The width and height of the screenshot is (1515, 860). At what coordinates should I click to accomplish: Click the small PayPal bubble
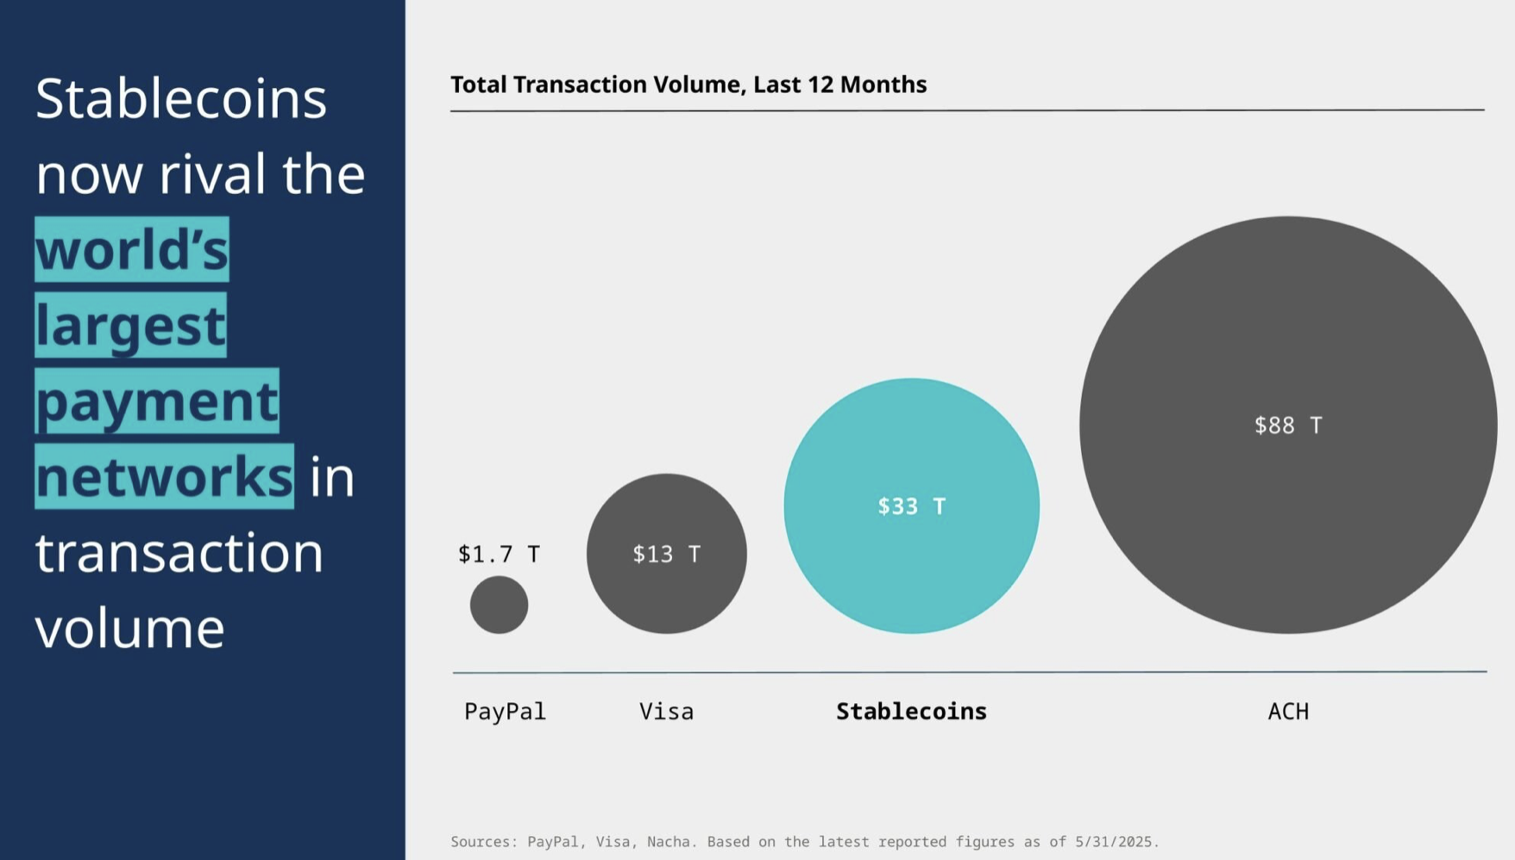(x=499, y=605)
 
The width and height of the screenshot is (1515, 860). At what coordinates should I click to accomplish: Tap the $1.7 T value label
(x=499, y=554)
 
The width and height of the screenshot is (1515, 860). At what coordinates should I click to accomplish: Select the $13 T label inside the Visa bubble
(x=666, y=554)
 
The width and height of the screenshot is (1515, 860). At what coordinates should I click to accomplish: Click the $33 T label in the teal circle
(x=911, y=506)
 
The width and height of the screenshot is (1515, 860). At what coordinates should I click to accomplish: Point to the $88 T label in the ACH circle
(x=1287, y=425)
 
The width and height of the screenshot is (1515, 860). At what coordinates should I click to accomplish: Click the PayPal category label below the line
(x=505, y=712)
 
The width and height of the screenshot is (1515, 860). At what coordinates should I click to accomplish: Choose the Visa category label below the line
(x=666, y=712)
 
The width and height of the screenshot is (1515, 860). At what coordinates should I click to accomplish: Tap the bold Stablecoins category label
(x=911, y=712)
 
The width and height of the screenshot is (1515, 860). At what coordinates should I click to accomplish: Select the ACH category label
(x=1287, y=712)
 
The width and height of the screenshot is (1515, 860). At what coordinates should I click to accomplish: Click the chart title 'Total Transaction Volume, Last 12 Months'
(x=688, y=85)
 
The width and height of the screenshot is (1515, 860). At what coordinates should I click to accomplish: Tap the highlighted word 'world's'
(x=132, y=249)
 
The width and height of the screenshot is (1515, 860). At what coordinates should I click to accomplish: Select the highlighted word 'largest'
(x=130, y=325)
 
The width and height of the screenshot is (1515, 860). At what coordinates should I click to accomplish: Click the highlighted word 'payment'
(x=157, y=401)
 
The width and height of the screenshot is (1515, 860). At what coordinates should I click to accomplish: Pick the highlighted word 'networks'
(x=164, y=477)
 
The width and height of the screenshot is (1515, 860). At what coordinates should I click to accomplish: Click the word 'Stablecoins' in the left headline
(x=181, y=98)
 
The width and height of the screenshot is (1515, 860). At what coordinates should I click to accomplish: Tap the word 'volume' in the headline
(x=129, y=628)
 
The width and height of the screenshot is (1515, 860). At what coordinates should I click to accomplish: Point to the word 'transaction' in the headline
(x=179, y=553)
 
